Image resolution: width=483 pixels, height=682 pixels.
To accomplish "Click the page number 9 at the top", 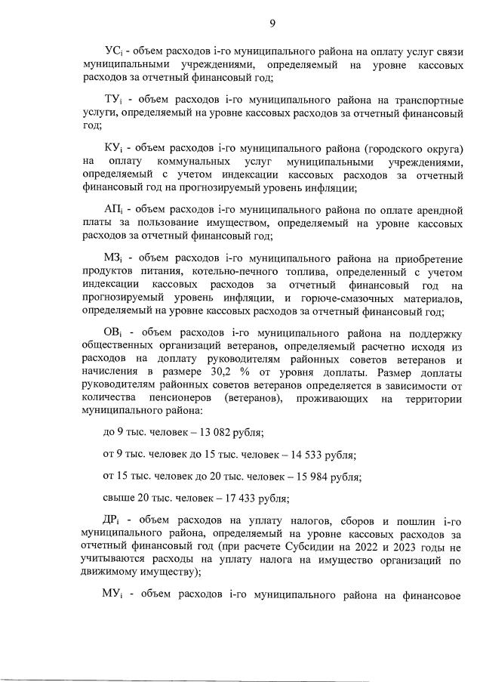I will [272, 23].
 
